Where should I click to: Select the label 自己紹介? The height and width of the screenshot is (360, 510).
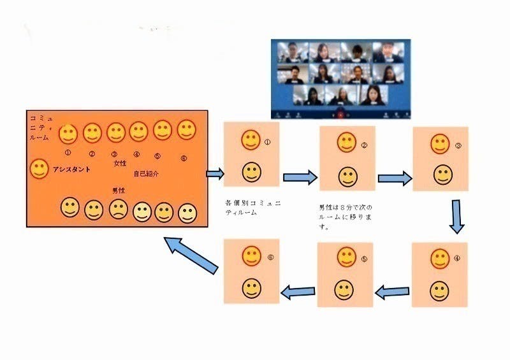coord(146,173)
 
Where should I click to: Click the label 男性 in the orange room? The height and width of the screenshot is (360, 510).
coord(119,190)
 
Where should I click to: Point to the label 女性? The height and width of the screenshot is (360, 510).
coord(120,164)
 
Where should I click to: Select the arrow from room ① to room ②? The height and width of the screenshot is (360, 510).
coord(300,177)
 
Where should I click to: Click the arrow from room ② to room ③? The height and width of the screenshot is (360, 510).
coord(395,178)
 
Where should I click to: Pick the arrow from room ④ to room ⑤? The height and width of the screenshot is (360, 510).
coord(392,292)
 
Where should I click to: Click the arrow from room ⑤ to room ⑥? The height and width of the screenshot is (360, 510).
coord(298,292)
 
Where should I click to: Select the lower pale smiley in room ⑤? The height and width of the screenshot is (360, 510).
coord(345,289)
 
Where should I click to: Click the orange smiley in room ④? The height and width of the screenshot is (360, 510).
coord(440,258)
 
